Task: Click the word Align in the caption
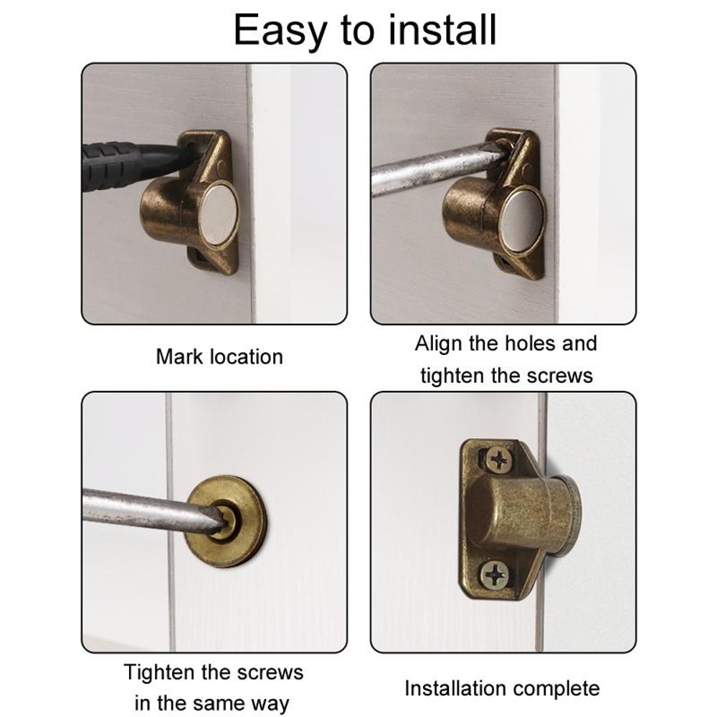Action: pos(439,343)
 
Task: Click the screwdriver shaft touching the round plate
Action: pos(143,511)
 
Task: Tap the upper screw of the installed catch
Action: pos(497,459)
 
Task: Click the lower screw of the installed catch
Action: pos(494,574)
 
